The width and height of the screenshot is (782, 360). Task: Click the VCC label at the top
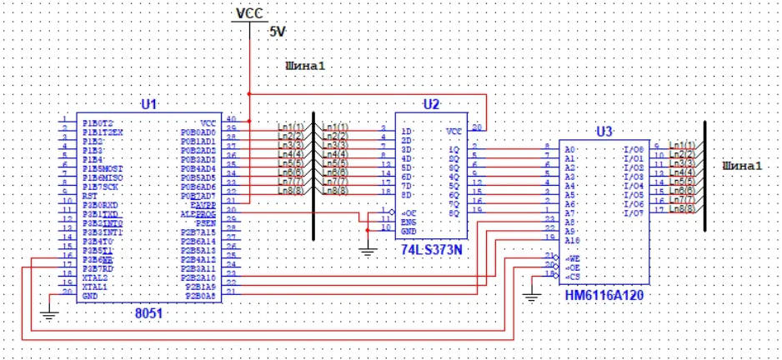pyautogui.click(x=249, y=13)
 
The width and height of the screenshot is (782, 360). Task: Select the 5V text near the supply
pyautogui.click(x=277, y=31)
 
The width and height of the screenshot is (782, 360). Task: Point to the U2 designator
pyautogui.click(x=430, y=104)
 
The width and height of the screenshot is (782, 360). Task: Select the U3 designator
pyautogui.click(x=604, y=132)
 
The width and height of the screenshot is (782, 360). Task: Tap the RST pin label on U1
pyautogui.click(x=89, y=195)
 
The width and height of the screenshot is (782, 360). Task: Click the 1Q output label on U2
pyautogui.click(x=454, y=149)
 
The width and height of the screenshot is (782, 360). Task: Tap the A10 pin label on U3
pyautogui.click(x=573, y=239)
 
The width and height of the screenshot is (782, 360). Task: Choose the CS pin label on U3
pyautogui.click(x=573, y=275)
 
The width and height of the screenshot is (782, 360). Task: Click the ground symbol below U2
pyautogui.click(x=365, y=248)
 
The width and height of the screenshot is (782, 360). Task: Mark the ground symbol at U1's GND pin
pyautogui.click(x=48, y=315)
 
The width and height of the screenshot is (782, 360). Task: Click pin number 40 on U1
pyautogui.click(x=231, y=122)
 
